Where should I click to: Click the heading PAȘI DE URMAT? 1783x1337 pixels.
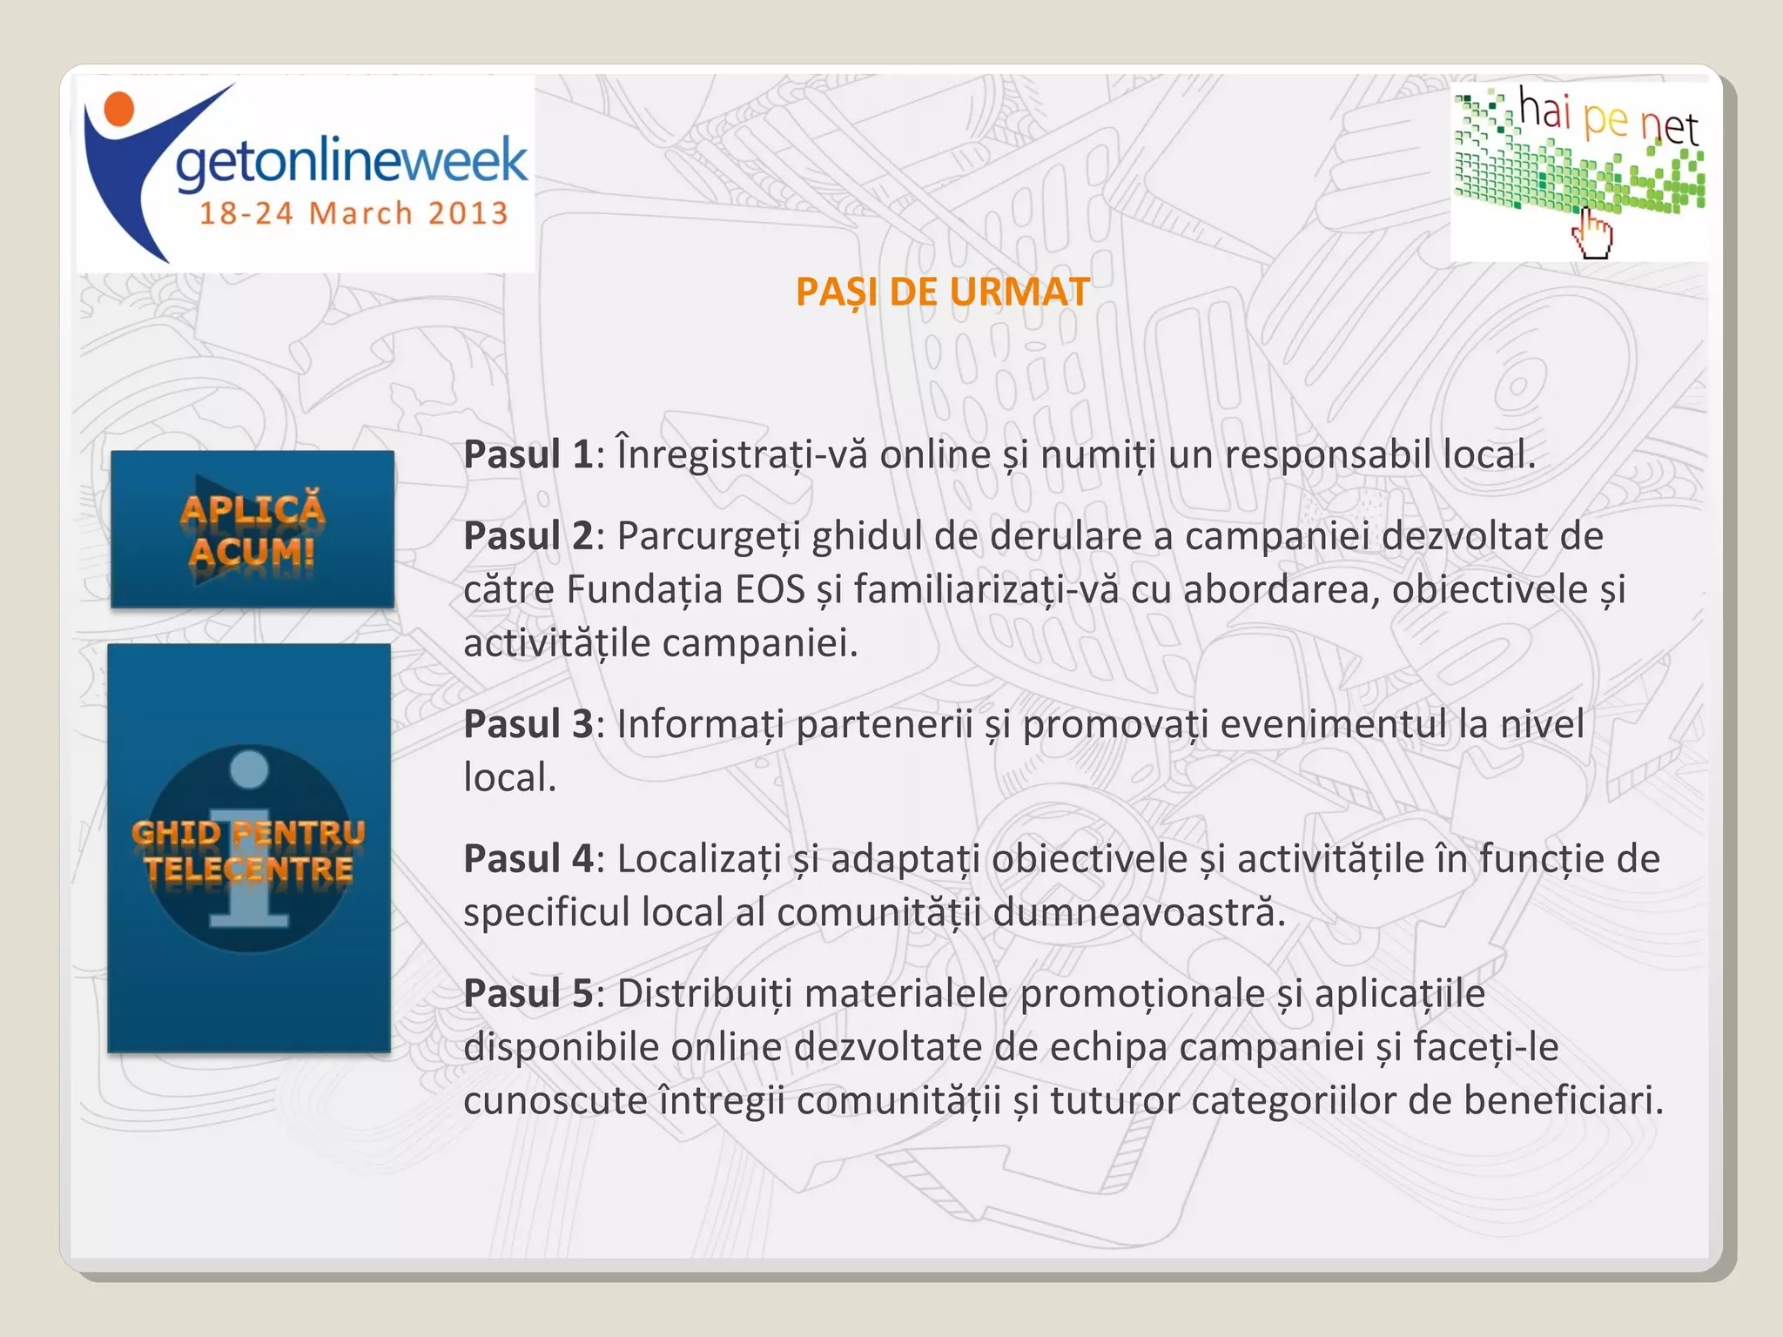[942, 292]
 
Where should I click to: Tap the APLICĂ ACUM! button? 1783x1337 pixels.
[252, 529]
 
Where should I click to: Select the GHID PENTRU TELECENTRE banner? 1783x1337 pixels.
[249, 849]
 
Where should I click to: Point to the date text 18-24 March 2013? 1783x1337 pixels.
[353, 213]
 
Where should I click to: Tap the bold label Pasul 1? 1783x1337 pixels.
[528, 454]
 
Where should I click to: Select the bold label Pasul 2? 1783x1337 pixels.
[528, 536]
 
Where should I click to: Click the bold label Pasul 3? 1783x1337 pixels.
[528, 724]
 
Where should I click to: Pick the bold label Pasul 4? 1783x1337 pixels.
[528, 859]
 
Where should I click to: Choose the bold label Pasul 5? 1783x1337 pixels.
[528, 993]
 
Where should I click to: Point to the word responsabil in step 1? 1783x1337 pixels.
[1328, 454]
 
